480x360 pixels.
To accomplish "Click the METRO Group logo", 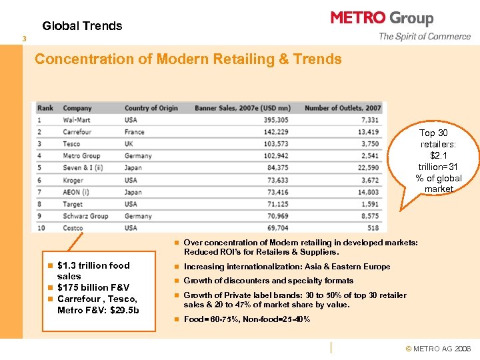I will tap(382, 18).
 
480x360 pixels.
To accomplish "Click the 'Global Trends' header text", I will tap(82, 26).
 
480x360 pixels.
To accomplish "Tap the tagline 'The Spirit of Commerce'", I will tap(424, 37).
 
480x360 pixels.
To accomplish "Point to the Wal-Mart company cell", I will tap(77, 120).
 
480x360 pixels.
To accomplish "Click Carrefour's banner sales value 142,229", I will tap(275, 132).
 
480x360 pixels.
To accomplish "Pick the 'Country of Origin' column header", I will tap(151, 108).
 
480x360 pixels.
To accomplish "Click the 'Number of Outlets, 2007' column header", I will tap(343, 108).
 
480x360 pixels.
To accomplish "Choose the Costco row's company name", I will tap(74, 228).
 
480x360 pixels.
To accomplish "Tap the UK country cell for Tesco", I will tap(129, 144).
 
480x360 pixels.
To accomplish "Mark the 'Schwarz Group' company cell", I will tap(85, 216).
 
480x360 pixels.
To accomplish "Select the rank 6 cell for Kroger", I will tap(39, 180).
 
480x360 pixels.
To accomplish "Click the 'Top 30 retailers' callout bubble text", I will tap(438, 161).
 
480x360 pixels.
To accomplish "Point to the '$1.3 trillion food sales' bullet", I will tap(93, 271).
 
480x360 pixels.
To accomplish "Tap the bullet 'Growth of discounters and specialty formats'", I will tap(268, 281).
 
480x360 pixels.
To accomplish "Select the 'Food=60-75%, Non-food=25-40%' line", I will tap(247, 319).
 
